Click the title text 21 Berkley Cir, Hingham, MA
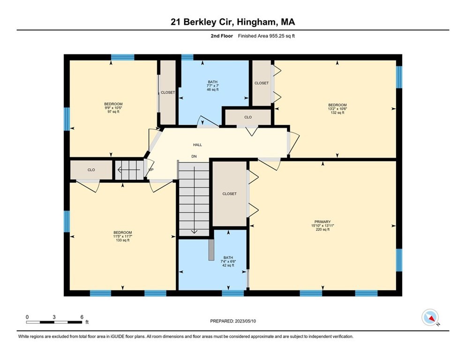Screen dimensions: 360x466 pos(233,22)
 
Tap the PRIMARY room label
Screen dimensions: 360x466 pos(323,222)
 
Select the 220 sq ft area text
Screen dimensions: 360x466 pos(323,230)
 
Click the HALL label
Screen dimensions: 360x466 pos(197,145)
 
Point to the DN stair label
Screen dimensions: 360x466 pos(194,156)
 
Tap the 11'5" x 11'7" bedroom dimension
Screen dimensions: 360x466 pos(122,237)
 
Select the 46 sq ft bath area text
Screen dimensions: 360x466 pos(213,89)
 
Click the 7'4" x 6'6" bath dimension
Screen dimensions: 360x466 pos(228,262)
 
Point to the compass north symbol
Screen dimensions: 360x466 pos(430,317)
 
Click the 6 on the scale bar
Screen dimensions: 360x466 pos(82,317)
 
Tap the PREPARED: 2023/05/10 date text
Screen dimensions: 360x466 pos(233,321)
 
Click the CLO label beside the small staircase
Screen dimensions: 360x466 pos(91,170)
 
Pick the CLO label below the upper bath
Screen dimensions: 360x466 pos(248,117)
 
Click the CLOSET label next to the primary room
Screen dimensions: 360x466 pos(229,194)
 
